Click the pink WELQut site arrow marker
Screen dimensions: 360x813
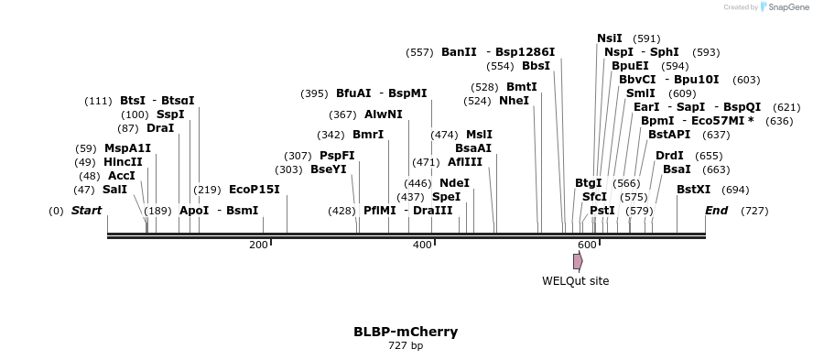[578, 261]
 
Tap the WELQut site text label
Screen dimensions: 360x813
[575, 281]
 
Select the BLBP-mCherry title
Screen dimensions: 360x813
[406, 332]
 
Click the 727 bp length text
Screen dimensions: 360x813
[406, 346]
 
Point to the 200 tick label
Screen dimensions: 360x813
[258, 245]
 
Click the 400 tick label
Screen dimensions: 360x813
[422, 245]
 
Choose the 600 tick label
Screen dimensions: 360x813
[587, 245]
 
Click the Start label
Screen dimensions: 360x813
[87, 211]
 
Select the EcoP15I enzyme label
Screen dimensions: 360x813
[254, 190]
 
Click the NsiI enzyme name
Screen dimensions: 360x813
[609, 38]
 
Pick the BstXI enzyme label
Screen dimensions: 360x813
[693, 190]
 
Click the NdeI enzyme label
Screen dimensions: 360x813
[454, 183]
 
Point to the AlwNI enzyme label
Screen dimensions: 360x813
[383, 115]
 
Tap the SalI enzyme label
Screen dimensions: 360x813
[114, 190]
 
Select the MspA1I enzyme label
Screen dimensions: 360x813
[127, 148]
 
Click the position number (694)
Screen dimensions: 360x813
[735, 190]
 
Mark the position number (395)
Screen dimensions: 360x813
[314, 93]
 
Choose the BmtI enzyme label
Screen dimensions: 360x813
[522, 87]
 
